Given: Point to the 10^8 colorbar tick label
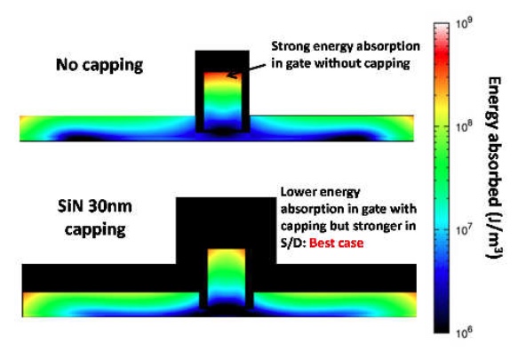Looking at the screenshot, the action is click(x=465, y=127).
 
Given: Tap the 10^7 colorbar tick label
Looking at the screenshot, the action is click(x=465, y=231).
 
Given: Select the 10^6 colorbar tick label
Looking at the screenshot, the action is click(x=465, y=332).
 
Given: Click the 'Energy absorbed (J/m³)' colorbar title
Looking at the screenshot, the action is click(x=494, y=167).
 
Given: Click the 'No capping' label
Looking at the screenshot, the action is click(x=100, y=65).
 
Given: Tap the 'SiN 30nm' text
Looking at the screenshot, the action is click(x=95, y=207).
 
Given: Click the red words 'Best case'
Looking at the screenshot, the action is click(x=336, y=243).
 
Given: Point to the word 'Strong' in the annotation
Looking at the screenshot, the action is click(x=291, y=46).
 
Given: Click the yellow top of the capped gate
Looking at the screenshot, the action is click(x=227, y=253).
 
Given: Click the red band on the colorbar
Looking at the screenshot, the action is click(x=442, y=60).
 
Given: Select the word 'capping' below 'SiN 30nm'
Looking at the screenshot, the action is click(x=95, y=230).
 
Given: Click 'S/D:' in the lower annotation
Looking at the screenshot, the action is click(x=293, y=243).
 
